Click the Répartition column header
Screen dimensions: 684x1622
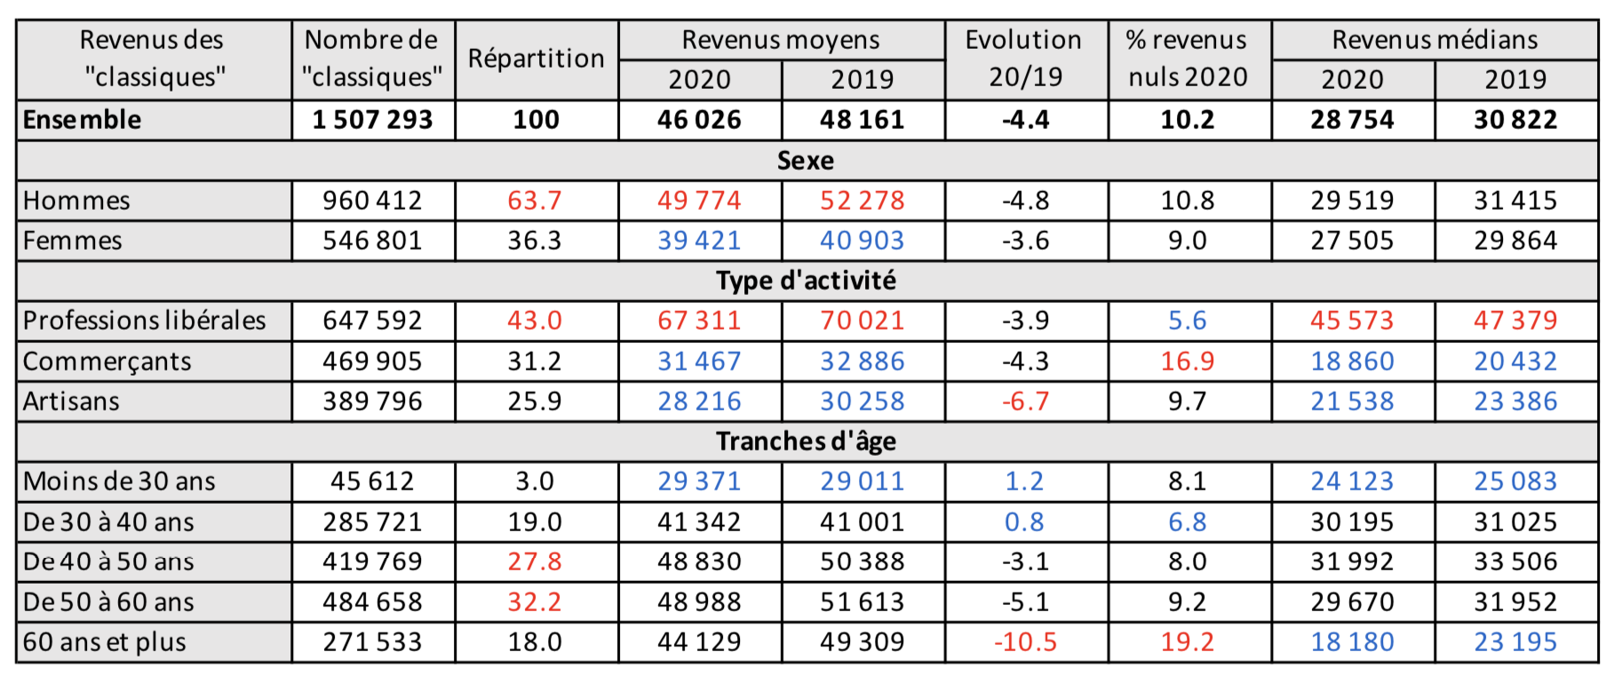coord(536,59)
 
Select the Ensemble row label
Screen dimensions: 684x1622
coord(82,120)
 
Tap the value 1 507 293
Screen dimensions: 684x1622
coord(372,120)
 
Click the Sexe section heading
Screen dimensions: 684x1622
coord(806,161)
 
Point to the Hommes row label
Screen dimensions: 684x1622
coord(76,201)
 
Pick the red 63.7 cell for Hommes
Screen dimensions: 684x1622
coord(535,201)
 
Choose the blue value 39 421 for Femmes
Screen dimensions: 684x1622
coord(699,241)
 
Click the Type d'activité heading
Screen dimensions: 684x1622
coord(806,281)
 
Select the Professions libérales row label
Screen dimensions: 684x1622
coord(144,321)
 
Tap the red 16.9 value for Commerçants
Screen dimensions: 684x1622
coord(1188,362)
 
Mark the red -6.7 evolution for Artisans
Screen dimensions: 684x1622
coord(1025,402)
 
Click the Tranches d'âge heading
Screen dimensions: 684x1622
coord(806,441)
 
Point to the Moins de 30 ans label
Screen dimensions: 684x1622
coord(119,481)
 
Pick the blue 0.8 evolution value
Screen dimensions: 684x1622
coord(1024,522)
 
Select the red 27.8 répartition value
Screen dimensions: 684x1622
coord(535,561)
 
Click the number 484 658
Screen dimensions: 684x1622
coord(372,602)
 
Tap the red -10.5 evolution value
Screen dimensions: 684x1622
coord(1025,642)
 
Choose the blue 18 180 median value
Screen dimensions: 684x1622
coord(1352,642)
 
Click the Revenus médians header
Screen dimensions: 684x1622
coord(1435,40)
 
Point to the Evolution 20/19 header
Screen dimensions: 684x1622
coord(1025,59)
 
